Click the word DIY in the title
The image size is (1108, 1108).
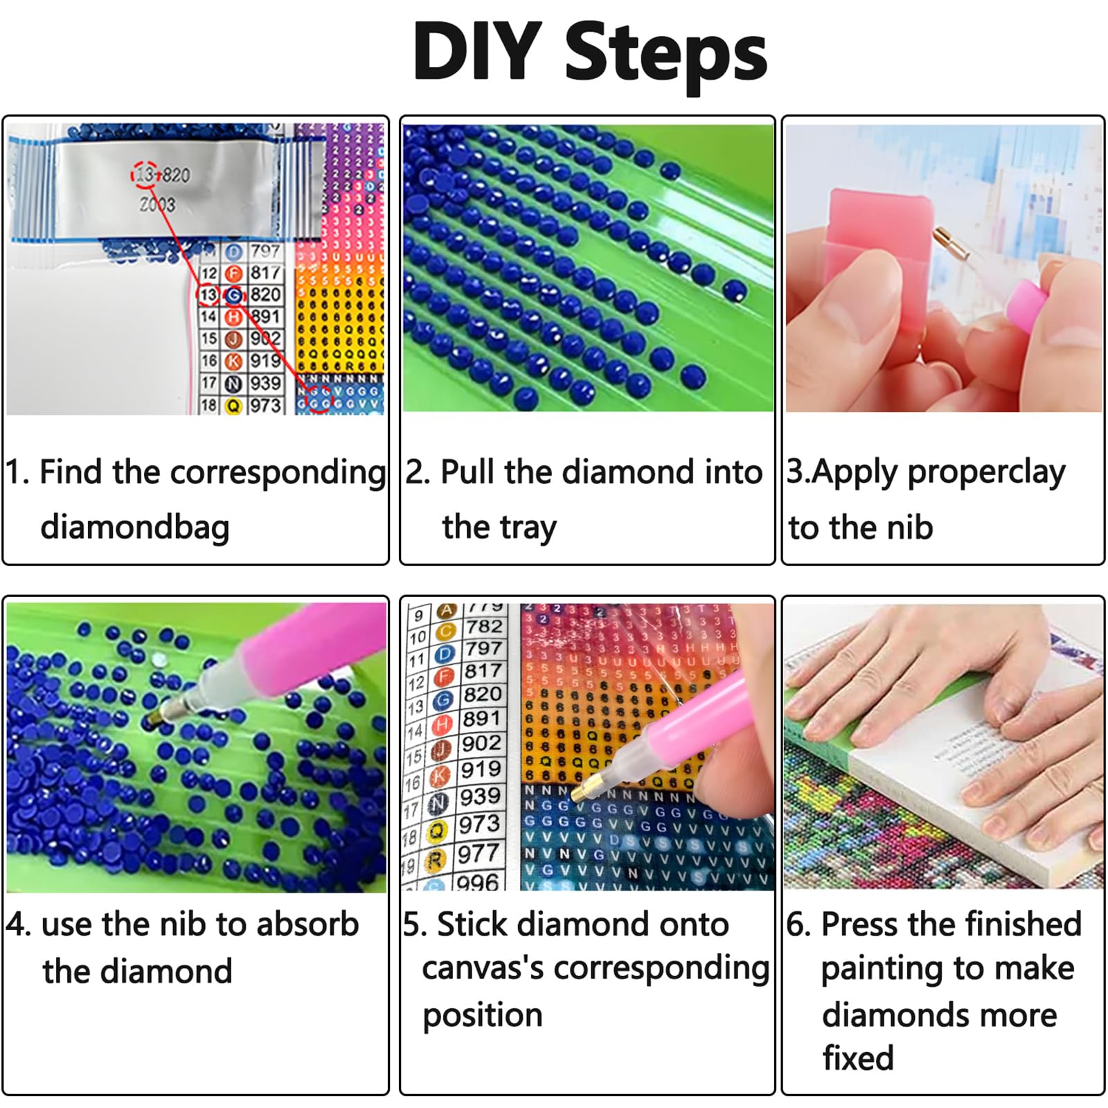pos(477,52)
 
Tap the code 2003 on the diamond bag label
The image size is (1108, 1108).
pos(158,204)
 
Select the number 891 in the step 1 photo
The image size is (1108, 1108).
pos(265,316)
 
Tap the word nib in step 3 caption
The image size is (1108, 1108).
pos(910,528)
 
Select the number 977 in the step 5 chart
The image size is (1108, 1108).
pos(479,854)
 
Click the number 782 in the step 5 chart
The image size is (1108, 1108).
pos(484,627)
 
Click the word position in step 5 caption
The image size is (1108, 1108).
pos(483,1016)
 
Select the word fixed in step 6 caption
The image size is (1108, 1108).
pos(858,1058)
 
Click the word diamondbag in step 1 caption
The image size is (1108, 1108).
pos(135,528)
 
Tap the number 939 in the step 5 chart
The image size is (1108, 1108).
pos(480,797)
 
